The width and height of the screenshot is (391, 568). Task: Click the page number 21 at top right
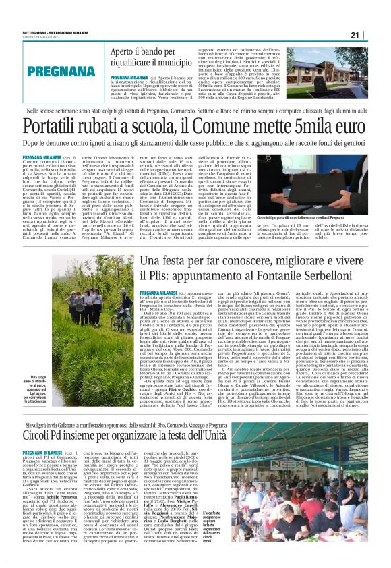pyautogui.click(x=374, y=36)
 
